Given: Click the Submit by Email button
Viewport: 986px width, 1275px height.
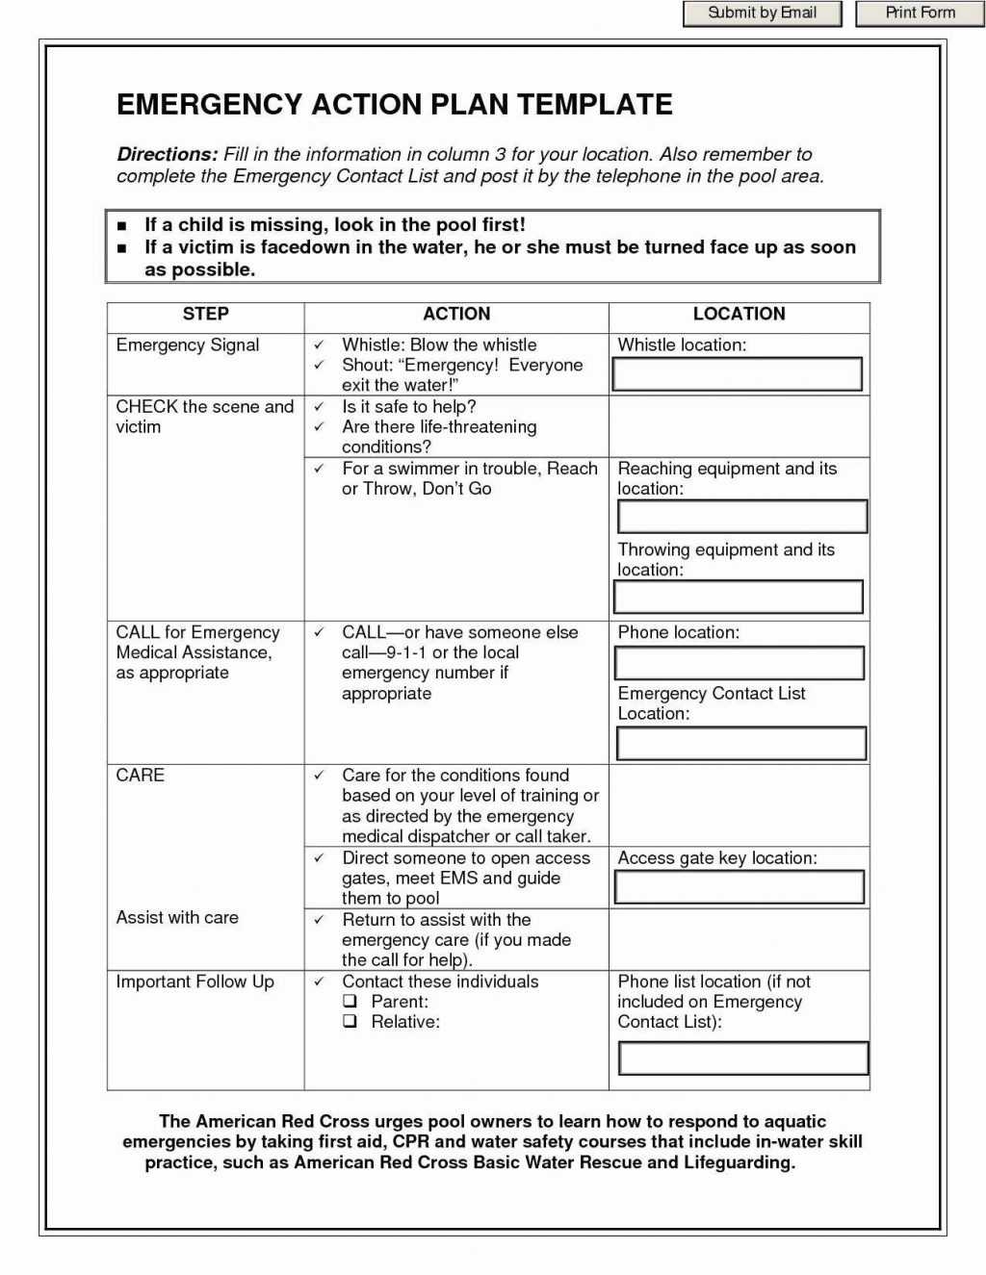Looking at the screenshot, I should pyautogui.click(x=762, y=13).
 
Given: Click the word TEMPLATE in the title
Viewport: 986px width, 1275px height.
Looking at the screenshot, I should pyautogui.click(x=594, y=105).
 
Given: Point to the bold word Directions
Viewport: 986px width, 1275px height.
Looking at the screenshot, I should pyautogui.click(x=167, y=154).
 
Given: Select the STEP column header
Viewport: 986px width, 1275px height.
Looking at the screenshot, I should pyautogui.click(x=205, y=314).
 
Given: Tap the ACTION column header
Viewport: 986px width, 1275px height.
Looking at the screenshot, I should pyautogui.click(x=456, y=314).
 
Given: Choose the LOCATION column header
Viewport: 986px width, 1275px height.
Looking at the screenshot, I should pyautogui.click(x=739, y=314).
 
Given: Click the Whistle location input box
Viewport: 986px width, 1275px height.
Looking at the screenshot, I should pyautogui.click(x=738, y=374).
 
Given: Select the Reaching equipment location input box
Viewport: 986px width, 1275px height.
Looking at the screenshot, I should pyautogui.click(x=741, y=517).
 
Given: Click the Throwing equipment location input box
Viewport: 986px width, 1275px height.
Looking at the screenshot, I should pyautogui.click(x=739, y=598).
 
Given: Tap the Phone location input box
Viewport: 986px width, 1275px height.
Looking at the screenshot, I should pyautogui.click(x=739, y=663).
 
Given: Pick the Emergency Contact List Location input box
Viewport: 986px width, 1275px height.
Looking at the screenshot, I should pyautogui.click(x=740, y=744).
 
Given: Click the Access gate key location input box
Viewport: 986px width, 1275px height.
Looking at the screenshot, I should pyautogui.click(x=739, y=887).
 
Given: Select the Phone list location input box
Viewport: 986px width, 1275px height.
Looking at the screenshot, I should pyautogui.click(x=742, y=1058).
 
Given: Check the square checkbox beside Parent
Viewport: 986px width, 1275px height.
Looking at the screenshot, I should pyautogui.click(x=350, y=1002).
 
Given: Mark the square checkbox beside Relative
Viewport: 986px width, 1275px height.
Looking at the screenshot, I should pyautogui.click(x=350, y=1022).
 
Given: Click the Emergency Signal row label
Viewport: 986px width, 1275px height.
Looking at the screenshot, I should pyautogui.click(x=188, y=345).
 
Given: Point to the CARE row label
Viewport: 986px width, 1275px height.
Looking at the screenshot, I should pyautogui.click(x=141, y=776).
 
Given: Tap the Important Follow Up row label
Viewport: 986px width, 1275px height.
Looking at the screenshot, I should pyautogui.click(x=195, y=982).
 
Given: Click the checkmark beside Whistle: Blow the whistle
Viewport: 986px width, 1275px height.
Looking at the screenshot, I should pyautogui.click(x=319, y=345).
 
